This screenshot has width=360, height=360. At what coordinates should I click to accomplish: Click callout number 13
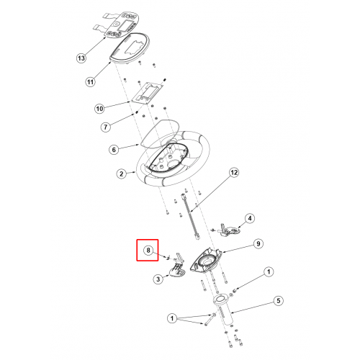[x=81, y=58]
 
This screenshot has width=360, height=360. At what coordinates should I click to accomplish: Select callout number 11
[x=90, y=82]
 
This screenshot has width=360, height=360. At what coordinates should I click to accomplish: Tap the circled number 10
[x=99, y=109]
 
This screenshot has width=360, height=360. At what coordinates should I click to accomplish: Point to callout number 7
[x=106, y=127]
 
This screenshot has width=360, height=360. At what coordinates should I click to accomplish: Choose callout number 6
[x=114, y=150]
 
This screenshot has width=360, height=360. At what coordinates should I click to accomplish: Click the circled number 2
[x=122, y=174]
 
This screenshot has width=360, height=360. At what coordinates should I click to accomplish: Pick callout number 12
[x=234, y=172]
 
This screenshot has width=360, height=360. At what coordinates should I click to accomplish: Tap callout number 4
[x=250, y=218]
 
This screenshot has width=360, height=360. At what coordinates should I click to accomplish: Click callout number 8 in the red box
[x=148, y=251]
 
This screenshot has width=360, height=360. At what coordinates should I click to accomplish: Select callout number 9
[x=258, y=244]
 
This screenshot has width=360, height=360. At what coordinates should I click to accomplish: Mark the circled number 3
[x=158, y=279]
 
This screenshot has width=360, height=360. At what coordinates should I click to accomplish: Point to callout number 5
[x=279, y=301]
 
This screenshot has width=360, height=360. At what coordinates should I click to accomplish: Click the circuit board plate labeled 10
[x=148, y=93]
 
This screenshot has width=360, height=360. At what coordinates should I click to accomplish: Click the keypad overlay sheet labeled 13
[x=118, y=25]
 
